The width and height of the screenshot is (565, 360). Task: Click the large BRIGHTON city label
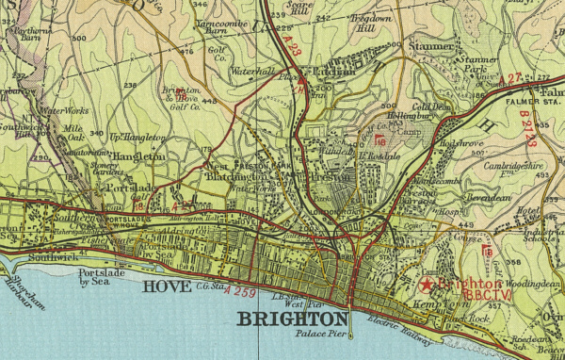(292, 320)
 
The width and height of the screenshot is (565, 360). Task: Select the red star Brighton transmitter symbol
(427, 283)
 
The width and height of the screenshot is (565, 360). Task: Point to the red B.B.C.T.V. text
(479, 294)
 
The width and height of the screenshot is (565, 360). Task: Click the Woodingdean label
(530, 282)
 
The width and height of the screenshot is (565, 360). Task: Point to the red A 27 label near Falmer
(513, 77)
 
